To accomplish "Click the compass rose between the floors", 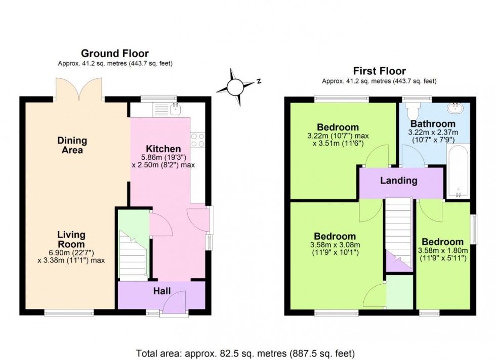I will (x=236, y=86).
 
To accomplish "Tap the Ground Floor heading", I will (x=115, y=54).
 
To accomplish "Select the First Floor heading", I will (x=379, y=71).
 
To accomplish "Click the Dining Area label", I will (x=72, y=145).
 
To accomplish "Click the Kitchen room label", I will (x=163, y=149).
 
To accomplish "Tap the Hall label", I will (x=162, y=291).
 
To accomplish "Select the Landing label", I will (x=399, y=181).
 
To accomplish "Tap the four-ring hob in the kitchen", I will (x=197, y=140).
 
